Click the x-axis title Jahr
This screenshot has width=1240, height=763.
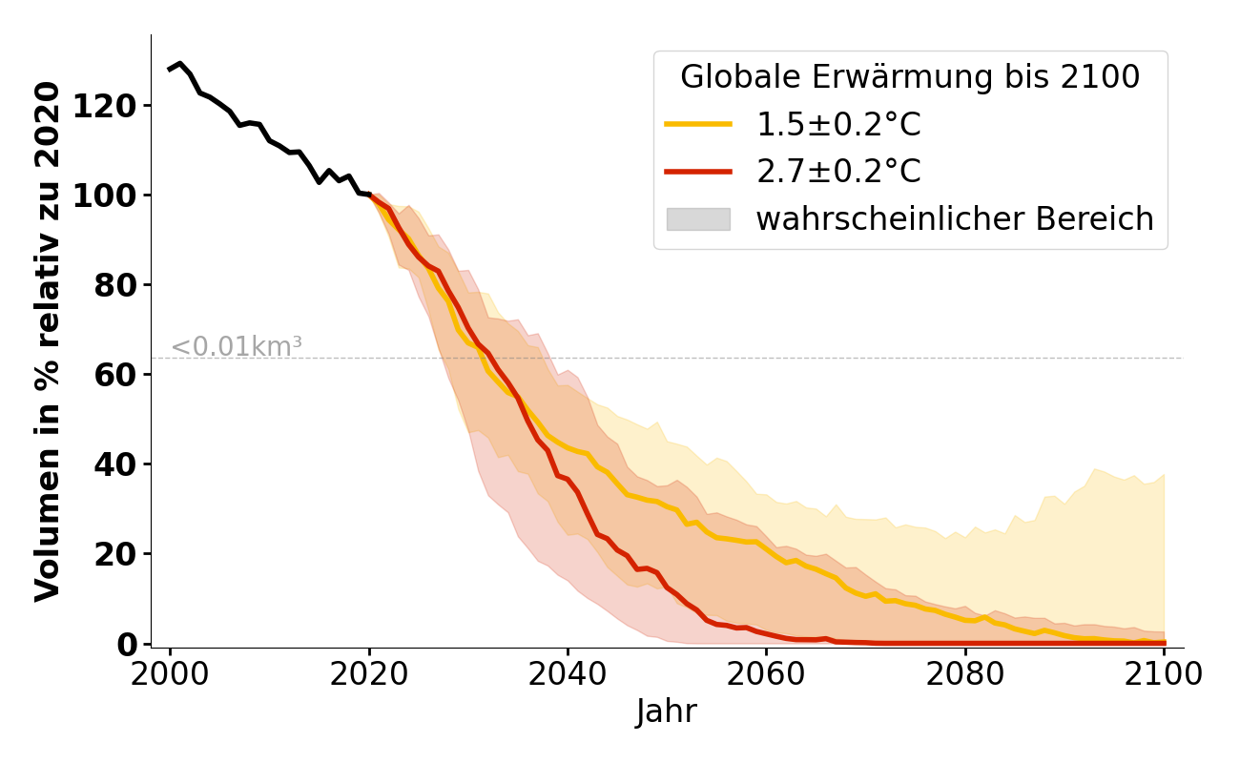tap(667, 712)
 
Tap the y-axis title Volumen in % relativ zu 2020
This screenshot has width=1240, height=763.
tap(49, 341)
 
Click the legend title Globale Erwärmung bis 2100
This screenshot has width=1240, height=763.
tap(910, 77)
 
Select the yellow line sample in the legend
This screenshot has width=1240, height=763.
tap(698, 125)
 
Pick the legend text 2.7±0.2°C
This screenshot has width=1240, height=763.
tap(838, 172)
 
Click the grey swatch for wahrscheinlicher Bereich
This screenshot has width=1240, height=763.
tap(698, 219)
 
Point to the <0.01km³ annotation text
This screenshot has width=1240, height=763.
tap(237, 347)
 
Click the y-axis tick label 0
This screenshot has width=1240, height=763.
tap(126, 644)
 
